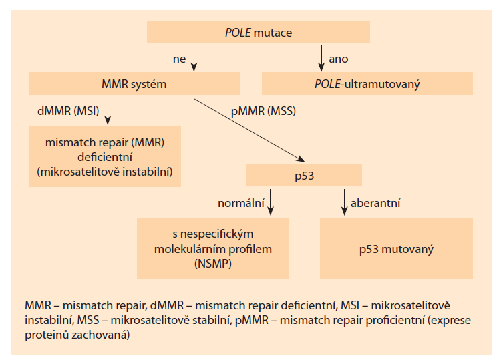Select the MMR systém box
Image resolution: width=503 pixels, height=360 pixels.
click(x=134, y=84)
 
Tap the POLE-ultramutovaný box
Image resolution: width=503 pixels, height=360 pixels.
click(x=367, y=84)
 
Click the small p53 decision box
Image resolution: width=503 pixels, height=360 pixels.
click(x=304, y=175)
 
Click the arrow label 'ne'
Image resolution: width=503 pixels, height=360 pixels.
click(x=179, y=59)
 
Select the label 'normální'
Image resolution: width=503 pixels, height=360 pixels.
click(x=241, y=201)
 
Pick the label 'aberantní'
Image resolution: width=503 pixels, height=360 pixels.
click(x=376, y=201)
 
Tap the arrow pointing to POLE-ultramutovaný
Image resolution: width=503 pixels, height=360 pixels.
click(x=321, y=59)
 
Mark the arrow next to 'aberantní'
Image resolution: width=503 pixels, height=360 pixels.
click(x=344, y=202)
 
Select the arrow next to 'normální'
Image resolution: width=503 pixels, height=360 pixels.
click(x=270, y=202)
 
